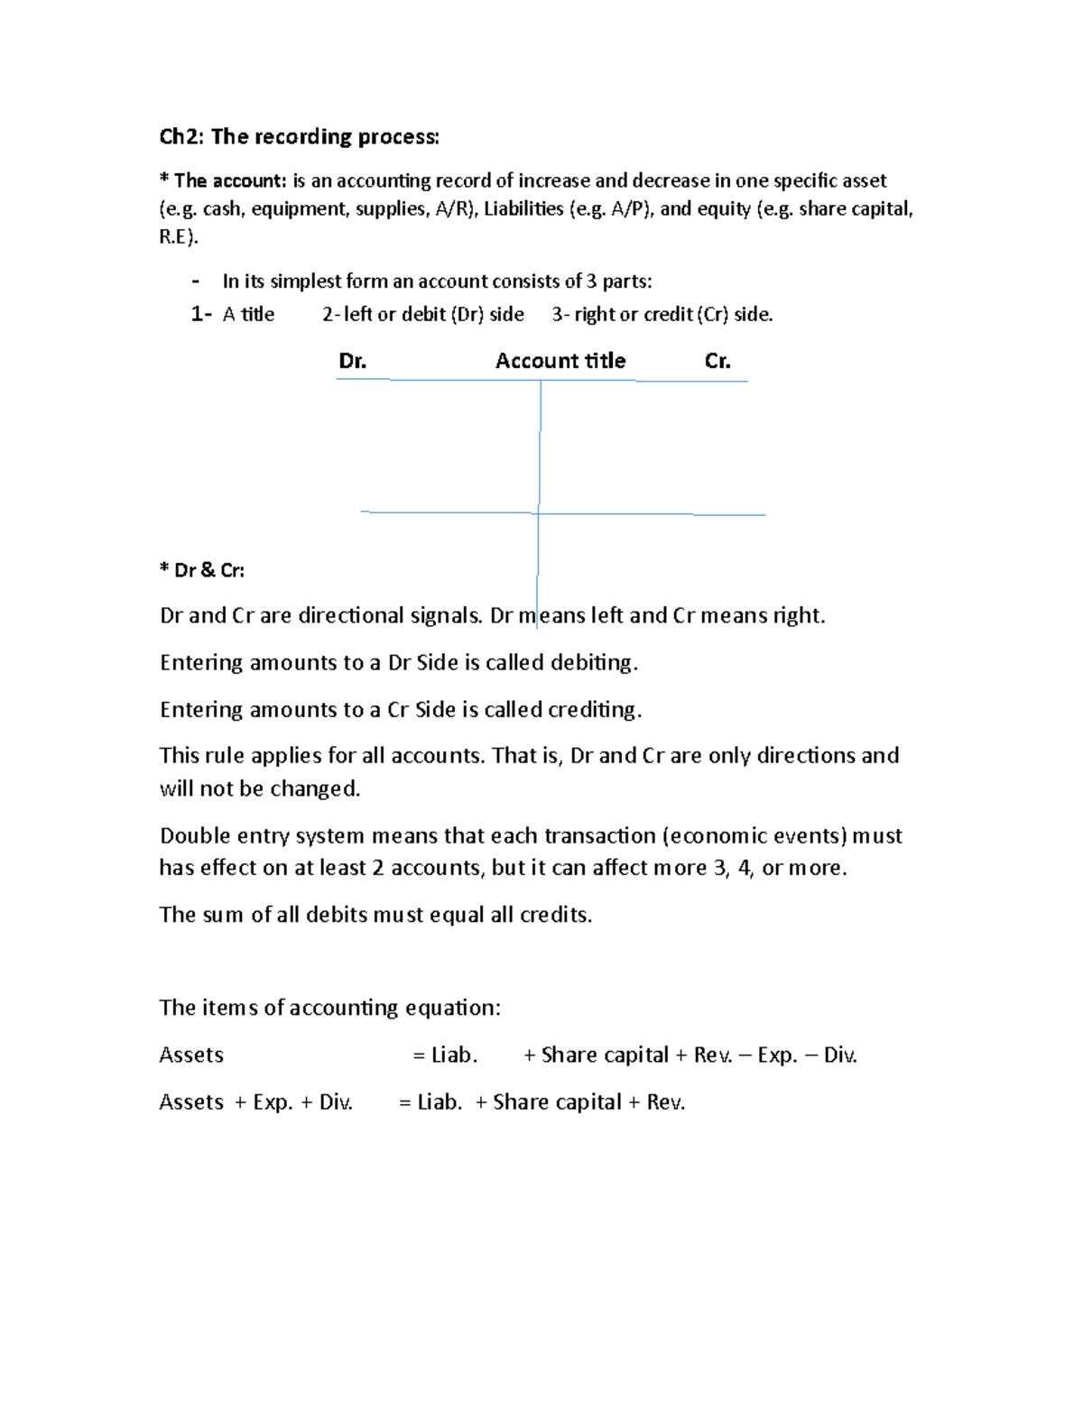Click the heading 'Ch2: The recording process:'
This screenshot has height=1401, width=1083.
299,137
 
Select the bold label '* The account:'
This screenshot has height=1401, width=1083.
223,181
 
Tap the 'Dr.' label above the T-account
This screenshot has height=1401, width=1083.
352,362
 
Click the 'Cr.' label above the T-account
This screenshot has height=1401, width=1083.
717,362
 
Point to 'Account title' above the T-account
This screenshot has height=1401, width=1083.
560,362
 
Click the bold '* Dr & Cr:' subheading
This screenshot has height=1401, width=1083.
202,570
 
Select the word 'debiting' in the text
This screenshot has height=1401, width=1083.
593,663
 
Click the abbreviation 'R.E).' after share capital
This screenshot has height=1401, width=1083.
179,237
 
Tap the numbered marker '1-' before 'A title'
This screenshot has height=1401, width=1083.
201,315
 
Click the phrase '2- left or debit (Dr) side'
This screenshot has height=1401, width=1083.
423,315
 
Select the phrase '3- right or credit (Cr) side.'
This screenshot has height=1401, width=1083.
662,315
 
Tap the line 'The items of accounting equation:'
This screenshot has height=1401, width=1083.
329,1008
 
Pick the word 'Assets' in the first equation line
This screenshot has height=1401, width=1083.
191,1055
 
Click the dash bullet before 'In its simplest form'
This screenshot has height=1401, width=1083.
195,281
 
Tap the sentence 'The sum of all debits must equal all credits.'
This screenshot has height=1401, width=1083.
375,915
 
